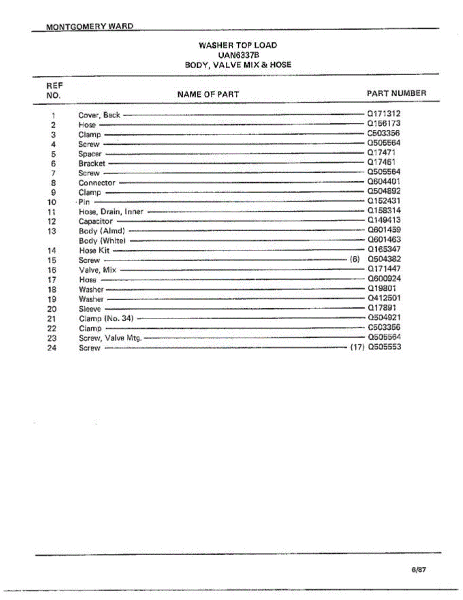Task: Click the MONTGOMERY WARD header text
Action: click(x=89, y=26)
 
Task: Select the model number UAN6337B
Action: click(x=238, y=54)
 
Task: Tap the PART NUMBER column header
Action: click(x=396, y=93)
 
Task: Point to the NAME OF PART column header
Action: click(x=208, y=94)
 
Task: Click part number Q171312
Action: click(x=384, y=114)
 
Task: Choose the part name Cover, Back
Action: click(x=99, y=115)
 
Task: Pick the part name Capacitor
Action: click(x=96, y=221)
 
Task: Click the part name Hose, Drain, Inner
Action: click(x=111, y=211)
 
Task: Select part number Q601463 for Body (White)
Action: click(x=384, y=240)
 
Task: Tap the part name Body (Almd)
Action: click(x=102, y=231)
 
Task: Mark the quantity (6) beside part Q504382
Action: click(x=355, y=259)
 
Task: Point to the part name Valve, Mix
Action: click(x=97, y=270)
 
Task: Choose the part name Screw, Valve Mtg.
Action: click(x=110, y=338)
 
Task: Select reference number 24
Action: click(x=52, y=348)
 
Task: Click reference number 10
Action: click(x=52, y=202)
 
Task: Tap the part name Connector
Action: click(x=97, y=183)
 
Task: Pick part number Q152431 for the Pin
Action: click(x=384, y=201)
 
